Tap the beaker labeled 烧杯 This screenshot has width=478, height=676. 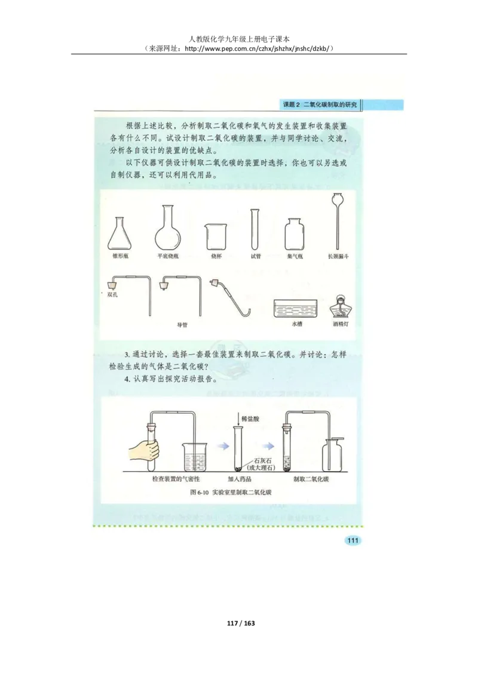[x=215, y=236]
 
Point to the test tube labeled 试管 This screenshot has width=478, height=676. [x=256, y=229]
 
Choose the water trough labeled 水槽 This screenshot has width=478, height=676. [x=297, y=308]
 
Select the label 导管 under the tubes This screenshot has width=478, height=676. [x=183, y=325]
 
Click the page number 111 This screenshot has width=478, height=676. [x=352, y=540]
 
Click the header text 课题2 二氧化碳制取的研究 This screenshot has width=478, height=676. [x=319, y=105]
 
